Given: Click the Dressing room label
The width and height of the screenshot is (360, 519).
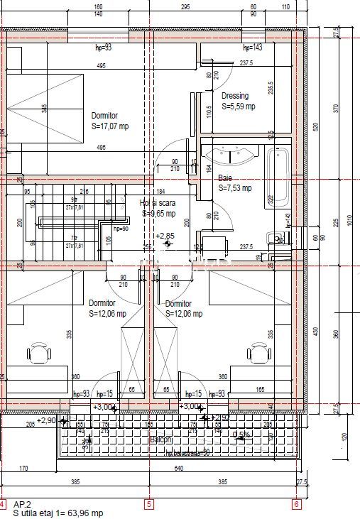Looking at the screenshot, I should pyautogui.click(x=235, y=96).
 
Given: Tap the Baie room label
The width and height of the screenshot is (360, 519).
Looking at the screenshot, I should pyautogui.click(x=225, y=178).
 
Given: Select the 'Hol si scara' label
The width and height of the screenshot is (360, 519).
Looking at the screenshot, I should pyautogui.click(x=158, y=202).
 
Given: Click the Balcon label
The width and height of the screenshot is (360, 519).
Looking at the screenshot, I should pyautogui.click(x=160, y=440).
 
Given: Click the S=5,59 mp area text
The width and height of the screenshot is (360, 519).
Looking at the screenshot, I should pyautogui.click(x=238, y=106).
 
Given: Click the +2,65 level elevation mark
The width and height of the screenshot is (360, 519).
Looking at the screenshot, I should pyautogui.click(x=165, y=236).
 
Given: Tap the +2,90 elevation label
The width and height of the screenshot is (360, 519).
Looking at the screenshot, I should pyautogui.click(x=46, y=420).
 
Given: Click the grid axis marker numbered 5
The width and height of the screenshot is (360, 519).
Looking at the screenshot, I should pyautogui.click(x=149, y=505).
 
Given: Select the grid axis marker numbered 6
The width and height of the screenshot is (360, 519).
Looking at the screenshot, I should pyautogui.click(x=296, y=505).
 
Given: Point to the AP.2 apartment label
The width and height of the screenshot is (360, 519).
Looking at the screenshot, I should pyautogui.click(x=22, y=503).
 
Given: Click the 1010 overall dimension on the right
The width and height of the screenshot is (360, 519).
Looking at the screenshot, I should pyautogui.click(x=349, y=220).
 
